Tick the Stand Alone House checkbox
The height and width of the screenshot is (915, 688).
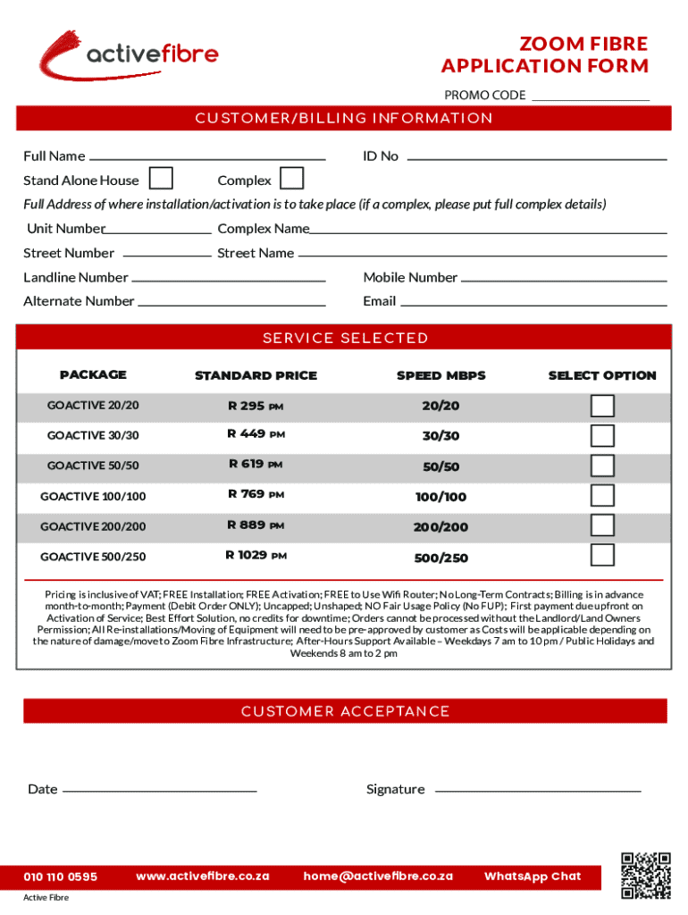pyautogui.click(x=161, y=179)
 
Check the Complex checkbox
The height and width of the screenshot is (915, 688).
pyautogui.click(x=291, y=179)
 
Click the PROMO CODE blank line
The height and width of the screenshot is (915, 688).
pyautogui.click(x=591, y=97)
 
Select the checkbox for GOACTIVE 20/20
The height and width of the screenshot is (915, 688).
pyautogui.click(x=603, y=406)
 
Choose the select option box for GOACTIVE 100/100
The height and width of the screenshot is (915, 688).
pyautogui.click(x=603, y=496)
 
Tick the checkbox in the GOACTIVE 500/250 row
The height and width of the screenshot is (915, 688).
pyautogui.click(x=603, y=556)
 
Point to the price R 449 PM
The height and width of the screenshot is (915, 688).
pyautogui.click(x=256, y=435)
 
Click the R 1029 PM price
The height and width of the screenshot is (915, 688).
pyautogui.click(x=256, y=556)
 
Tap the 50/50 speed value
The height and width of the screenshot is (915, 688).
pyautogui.click(x=440, y=466)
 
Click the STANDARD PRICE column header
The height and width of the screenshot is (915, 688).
pyautogui.click(x=256, y=375)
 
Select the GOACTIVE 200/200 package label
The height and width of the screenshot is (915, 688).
pyautogui.click(x=93, y=526)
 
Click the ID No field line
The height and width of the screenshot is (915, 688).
pyautogui.click(x=536, y=156)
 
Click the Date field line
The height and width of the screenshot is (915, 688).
pyautogui.click(x=160, y=789)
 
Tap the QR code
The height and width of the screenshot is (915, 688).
pyautogui.click(x=646, y=875)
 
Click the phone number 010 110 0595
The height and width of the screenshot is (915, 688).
pyautogui.click(x=61, y=877)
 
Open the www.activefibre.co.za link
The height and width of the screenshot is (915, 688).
pyautogui.click(x=203, y=877)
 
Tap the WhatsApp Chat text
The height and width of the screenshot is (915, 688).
pyautogui.click(x=533, y=877)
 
